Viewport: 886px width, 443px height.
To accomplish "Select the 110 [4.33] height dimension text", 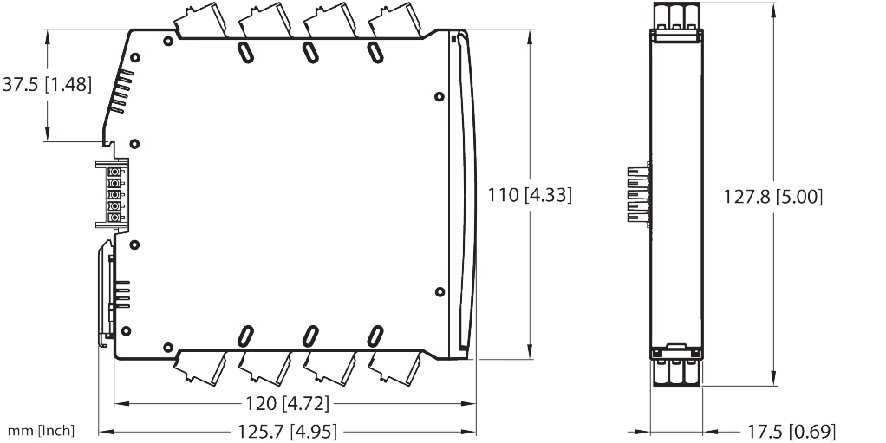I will pos(530,195).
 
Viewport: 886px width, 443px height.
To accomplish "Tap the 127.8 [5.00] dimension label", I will pos(773,196).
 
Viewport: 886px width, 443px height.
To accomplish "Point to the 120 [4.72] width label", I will pos(293,403).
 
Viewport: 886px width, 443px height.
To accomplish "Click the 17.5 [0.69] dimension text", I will pos(790,430).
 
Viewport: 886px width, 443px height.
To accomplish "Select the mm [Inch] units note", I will pos(41,430).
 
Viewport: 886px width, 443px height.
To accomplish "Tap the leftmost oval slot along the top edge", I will pos(245,51).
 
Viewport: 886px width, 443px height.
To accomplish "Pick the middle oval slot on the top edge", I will pos(309,51).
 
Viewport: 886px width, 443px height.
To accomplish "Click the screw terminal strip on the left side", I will pos(113,194).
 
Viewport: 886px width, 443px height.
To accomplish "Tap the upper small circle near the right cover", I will pos(439,96).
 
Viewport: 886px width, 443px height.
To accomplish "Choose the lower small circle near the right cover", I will pos(439,291).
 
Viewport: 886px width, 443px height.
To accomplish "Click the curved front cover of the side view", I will pos(464,195).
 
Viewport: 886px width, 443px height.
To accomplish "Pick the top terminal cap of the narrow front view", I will pos(676,19).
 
